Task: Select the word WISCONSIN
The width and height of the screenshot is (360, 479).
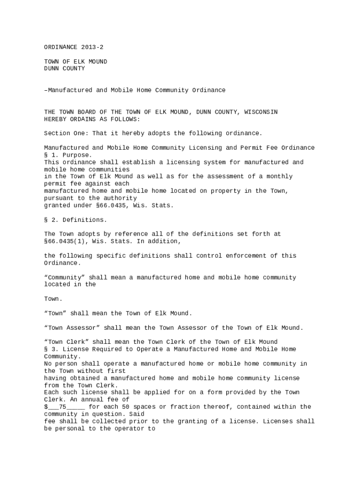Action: [x=261, y=112]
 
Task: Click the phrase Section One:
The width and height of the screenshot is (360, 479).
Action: [x=66, y=133]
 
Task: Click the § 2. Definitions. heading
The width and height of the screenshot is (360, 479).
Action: [x=76, y=219]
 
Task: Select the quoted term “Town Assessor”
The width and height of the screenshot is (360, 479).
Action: [x=72, y=327]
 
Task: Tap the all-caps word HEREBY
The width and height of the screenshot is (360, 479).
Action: [x=55, y=119]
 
